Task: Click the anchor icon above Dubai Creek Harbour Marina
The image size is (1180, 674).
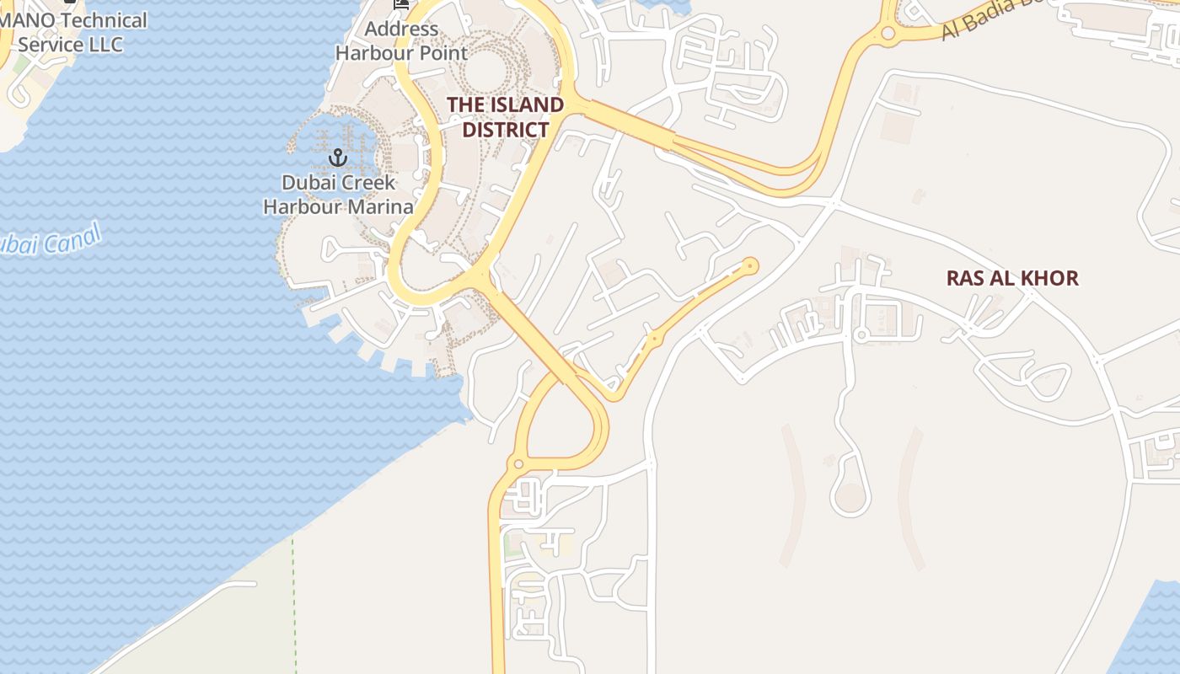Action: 338,157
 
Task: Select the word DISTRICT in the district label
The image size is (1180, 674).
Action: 506,130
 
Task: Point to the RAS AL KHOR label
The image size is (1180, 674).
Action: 1012,278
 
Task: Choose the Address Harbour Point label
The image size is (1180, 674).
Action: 401,40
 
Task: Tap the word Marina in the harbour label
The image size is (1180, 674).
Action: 378,206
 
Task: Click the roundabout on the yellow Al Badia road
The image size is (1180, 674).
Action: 887,34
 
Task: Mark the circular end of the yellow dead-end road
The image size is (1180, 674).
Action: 749,266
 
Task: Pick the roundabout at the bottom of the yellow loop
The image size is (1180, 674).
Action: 518,464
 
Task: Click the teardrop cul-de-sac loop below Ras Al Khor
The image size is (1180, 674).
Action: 850,495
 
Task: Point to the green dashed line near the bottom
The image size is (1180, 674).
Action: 293,598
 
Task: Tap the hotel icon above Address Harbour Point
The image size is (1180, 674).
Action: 401,4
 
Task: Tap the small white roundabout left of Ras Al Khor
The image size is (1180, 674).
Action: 861,335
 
